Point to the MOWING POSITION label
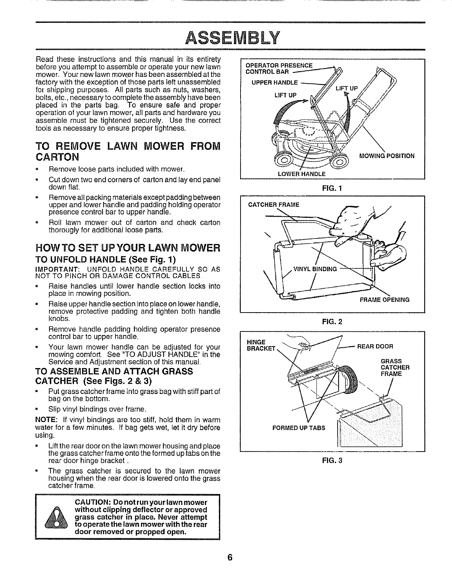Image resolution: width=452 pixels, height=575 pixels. pos(386,156)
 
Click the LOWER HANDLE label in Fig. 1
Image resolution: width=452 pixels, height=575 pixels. pos(302,174)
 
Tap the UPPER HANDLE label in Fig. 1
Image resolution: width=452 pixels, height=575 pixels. pos(274,82)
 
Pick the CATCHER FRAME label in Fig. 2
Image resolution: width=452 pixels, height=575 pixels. pos(273,205)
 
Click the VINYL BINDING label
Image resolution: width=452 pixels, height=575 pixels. pos(315,269)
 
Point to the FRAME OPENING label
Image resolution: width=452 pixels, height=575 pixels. pos(384,300)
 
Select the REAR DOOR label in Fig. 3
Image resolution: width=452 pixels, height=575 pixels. pos(375,346)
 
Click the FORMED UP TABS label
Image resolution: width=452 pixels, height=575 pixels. pos(299,428)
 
